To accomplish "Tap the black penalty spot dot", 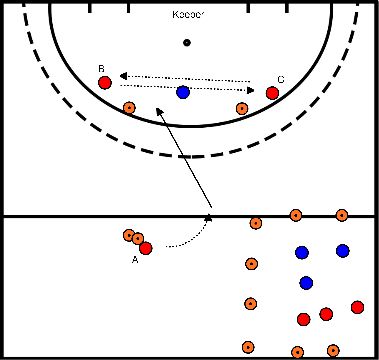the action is pyautogui.click(x=187, y=43).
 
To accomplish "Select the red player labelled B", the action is pyautogui.click(x=104, y=82).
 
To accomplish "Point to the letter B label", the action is pyautogui.click(x=101, y=68).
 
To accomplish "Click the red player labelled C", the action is pyautogui.click(x=272, y=93).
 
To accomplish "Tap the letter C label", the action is pyautogui.click(x=281, y=79).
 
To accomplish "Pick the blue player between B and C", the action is pyautogui.click(x=183, y=93).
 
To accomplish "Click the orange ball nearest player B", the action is pyautogui.click(x=128, y=108).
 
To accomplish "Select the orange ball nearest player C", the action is pyautogui.click(x=241, y=108).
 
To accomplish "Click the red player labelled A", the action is pyautogui.click(x=146, y=248).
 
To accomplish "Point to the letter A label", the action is pyautogui.click(x=134, y=261).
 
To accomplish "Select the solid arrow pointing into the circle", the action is pyautogui.click(x=186, y=160).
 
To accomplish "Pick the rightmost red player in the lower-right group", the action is pyautogui.click(x=357, y=307).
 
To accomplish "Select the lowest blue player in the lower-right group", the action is pyautogui.click(x=307, y=283).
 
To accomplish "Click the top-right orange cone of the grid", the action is pyautogui.click(x=342, y=215).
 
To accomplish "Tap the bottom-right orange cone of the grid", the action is pyautogui.click(x=333, y=350).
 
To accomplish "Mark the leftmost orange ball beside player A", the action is pyautogui.click(x=128, y=235).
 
